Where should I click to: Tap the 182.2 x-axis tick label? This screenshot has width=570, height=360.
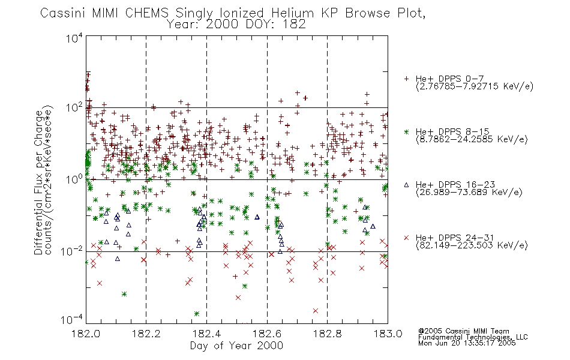pyautogui.click(x=146, y=334)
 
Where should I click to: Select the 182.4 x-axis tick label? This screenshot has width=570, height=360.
pyautogui.click(x=206, y=334)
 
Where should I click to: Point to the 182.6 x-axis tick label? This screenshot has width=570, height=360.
pyautogui.click(x=267, y=334)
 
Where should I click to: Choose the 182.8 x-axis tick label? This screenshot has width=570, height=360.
pyautogui.click(x=327, y=334)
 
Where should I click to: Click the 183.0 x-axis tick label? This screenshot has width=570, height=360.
pyautogui.click(x=388, y=334)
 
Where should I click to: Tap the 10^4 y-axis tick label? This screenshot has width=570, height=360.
pyautogui.click(x=74, y=38)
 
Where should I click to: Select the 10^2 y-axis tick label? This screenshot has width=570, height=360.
pyautogui.click(x=74, y=108)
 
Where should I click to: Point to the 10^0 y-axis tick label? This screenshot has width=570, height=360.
pyautogui.click(x=74, y=179)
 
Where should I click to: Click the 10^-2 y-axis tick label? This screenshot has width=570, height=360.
pyautogui.click(x=72, y=251)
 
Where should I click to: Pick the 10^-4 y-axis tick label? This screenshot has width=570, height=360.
pyautogui.click(x=72, y=320)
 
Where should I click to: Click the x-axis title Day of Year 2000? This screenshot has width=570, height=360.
pyautogui.click(x=236, y=346)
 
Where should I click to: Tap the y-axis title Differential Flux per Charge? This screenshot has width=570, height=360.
pyautogui.click(x=39, y=182)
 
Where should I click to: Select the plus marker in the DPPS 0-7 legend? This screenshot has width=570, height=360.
pyautogui.click(x=406, y=79)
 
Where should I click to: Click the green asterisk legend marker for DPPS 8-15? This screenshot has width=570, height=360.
pyautogui.click(x=406, y=131)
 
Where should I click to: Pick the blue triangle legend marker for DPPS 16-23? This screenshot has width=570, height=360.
pyautogui.click(x=406, y=185)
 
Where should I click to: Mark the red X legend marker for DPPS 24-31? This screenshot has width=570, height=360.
pyautogui.click(x=406, y=238)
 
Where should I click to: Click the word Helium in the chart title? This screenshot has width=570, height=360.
pyautogui.click(x=292, y=13)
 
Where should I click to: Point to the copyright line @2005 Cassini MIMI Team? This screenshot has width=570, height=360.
pyautogui.click(x=463, y=331)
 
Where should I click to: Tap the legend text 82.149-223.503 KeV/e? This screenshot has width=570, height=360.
pyautogui.click(x=472, y=245)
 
